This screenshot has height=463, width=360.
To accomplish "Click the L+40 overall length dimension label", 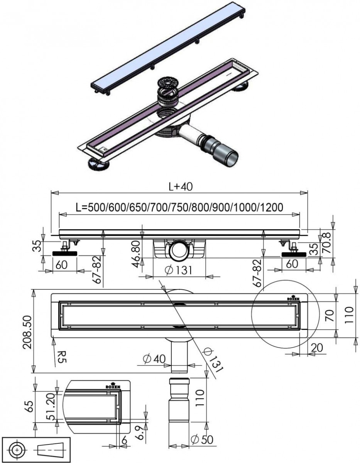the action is [x=181, y=186].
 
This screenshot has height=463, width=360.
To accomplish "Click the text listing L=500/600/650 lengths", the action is [x=179, y=207].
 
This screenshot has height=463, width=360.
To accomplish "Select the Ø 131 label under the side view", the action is [x=179, y=270].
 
